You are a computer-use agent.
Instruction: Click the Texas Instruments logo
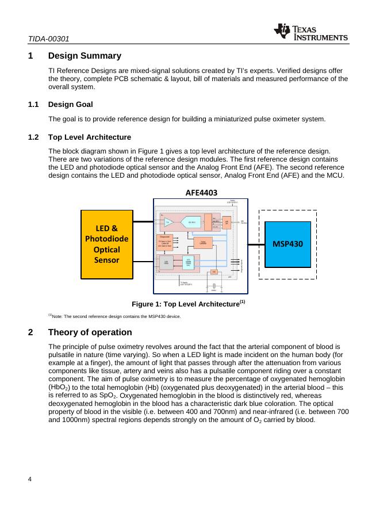[x=311, y=33]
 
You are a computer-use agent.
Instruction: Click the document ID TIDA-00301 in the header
[x=49, y=39]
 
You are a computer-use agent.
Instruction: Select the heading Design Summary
[x=85, y=56]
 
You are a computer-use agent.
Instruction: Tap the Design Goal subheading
[x=70, y=105]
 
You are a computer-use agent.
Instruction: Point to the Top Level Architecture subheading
[x=90, y=137]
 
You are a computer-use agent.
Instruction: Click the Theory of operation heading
[x=90, y=332]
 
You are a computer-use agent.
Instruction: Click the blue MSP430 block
[x=287, y=244]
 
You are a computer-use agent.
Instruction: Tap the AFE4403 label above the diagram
[x=201, y=193]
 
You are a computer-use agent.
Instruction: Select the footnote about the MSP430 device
[x=114, y=316]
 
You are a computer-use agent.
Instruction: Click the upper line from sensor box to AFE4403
[x=143, y=220]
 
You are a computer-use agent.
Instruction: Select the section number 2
[x=30, y=332]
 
